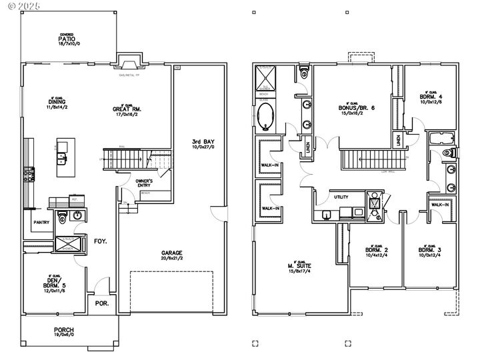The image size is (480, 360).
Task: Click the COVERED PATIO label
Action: click(x=66, y=39)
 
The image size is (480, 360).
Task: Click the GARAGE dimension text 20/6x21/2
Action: click(x=172, y=257)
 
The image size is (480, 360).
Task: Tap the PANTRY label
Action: click(x=42, y=222)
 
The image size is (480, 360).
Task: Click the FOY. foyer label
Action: click(x=101, y=241)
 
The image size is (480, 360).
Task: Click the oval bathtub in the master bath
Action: click(x=266, y=115)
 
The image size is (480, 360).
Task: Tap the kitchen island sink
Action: click(x=61, y=159)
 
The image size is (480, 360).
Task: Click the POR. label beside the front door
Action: click(x=103, y=303)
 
